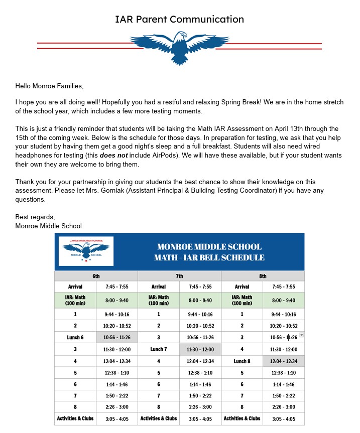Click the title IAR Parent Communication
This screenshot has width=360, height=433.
(179, 20)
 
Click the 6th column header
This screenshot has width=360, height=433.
(96, 276)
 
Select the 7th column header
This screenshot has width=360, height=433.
(179, 276)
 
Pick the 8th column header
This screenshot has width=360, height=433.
(263, 276)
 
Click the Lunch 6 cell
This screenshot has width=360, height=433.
(75, 337)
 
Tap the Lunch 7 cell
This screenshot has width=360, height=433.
(159, 349)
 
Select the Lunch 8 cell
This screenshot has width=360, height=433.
(242, 361)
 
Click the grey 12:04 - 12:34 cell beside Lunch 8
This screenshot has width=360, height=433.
(284, 361)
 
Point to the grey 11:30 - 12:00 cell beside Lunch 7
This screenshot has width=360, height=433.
(200, 349)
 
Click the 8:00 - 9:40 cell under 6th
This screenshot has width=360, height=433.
(117, 301)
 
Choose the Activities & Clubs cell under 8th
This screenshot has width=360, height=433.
(242, 418)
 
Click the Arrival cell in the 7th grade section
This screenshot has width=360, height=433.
(159, 287)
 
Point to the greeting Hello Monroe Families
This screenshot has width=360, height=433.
(49, 86)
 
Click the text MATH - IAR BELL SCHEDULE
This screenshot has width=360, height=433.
(209, 258)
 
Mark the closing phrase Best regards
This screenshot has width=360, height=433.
(34, 217)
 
